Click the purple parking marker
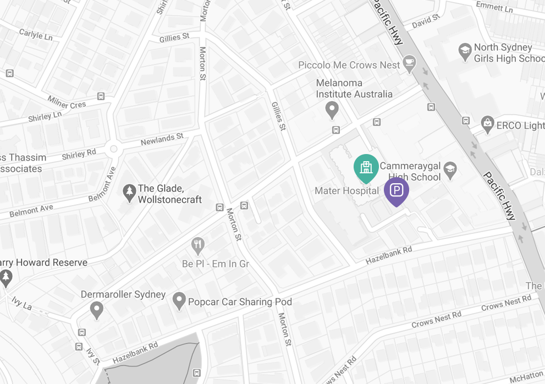tap(396, 191)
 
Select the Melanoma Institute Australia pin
tap(332, 110)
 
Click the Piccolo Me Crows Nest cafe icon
tap(409, 64)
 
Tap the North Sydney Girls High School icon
tap(465, 52)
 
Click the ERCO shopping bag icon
tap(487, 125)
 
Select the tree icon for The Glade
tap(130, 194)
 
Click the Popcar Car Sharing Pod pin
tap(179, 301)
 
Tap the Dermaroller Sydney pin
tap(97, 309)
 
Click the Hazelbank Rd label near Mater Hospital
tap(389, 254)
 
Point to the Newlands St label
tap(162, 140)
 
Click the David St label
tap(426, 21)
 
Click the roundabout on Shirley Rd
tap(114, 149)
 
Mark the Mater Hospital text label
tap(346, 191)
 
